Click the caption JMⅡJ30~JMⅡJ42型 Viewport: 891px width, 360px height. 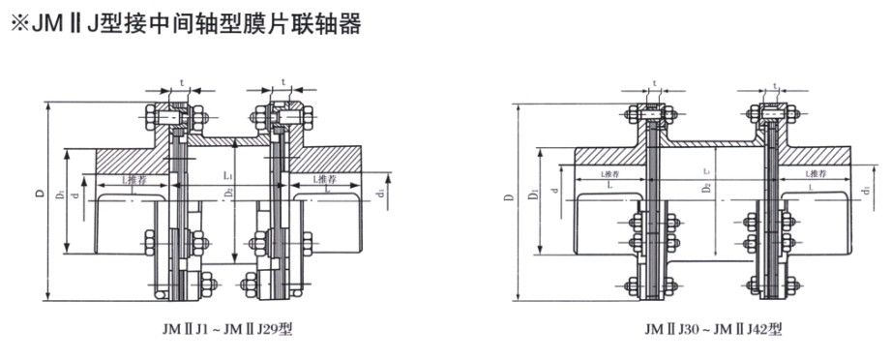point(712,330)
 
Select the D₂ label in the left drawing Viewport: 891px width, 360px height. point(226,195)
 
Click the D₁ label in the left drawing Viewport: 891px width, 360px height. point(59,195)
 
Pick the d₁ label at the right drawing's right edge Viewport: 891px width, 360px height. point(864,198)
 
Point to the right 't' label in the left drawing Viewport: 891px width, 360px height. point(282,81)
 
